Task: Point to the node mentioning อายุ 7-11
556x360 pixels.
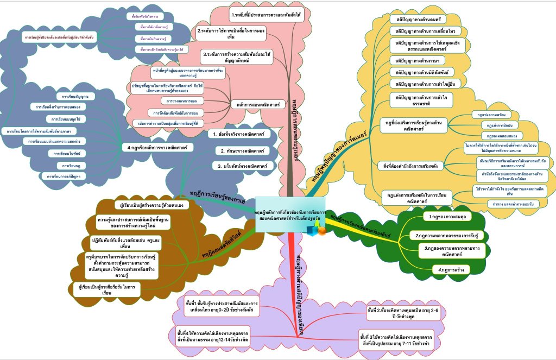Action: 399,340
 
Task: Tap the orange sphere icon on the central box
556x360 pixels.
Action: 321,231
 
